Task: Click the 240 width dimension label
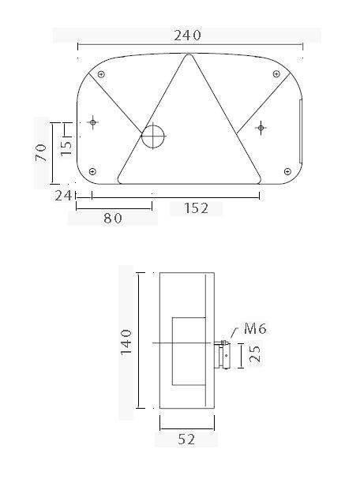(x=187, y=35)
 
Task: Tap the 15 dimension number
(x=66, y=145)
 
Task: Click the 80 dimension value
(x=113, y=219)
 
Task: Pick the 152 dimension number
(x=196, y=208)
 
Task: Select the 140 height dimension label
(x=127, y=342)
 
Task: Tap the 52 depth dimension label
(x=186, y=440)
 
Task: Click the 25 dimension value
(x=254, y=355)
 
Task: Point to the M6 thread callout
(x=256, y=327)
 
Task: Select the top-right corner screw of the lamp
(x=276, y=74)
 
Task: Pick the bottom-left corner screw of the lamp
(x=93, y=171)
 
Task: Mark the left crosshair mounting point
(x=93, y=122)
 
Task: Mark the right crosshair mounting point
(x=261, y=126)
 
